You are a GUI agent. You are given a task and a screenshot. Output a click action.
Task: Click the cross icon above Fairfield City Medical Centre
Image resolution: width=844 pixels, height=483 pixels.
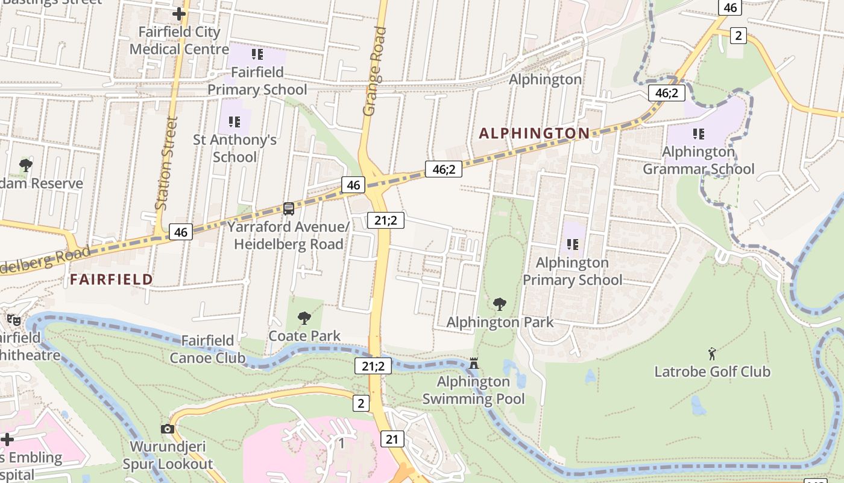coord(179,13)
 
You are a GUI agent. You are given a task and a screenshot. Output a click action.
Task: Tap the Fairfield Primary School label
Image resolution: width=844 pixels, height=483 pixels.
coord(257,81)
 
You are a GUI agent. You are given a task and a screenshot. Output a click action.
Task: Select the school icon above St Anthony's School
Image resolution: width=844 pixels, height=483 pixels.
coord(235,122)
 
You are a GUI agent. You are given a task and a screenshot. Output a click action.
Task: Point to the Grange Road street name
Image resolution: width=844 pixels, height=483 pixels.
coord(374,71)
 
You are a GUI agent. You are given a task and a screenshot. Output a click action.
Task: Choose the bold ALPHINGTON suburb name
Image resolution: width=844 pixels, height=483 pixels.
coord(534,133)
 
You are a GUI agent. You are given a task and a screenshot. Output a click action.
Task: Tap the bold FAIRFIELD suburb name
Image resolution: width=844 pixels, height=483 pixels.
coord(112,279)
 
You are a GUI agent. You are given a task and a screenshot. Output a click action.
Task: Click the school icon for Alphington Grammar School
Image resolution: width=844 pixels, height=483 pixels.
coord(699,133)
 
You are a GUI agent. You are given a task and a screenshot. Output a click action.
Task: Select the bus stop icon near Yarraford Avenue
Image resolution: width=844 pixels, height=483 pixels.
coord(289,209)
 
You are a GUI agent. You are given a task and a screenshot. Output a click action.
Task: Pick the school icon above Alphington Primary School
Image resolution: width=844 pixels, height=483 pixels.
coord(572,245)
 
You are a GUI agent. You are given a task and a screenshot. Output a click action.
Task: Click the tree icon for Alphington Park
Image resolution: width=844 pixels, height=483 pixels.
coord(499,304)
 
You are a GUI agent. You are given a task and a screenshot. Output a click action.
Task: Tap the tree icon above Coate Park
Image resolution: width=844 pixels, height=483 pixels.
coord(304,318)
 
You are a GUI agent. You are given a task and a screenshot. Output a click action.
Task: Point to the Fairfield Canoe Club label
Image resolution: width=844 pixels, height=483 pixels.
coord(207,350)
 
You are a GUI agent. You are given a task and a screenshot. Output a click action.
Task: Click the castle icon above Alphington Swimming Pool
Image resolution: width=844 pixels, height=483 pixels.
coord(474,363)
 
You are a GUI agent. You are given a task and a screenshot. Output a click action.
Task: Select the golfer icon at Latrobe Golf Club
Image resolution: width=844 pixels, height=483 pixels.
coord(712,353)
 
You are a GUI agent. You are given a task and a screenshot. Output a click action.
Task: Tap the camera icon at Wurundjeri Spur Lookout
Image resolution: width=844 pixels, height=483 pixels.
coord(168,429)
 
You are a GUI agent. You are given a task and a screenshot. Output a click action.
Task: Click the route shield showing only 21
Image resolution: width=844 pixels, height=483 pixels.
coord(392,439)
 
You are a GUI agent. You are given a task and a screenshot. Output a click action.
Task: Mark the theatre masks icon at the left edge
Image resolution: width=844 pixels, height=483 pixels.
coord(13,319)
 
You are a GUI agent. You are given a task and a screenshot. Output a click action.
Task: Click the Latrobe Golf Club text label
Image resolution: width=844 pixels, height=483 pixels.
coord(713,371)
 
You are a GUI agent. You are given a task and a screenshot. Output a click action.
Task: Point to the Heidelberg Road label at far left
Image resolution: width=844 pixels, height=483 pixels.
coord(45,258)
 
